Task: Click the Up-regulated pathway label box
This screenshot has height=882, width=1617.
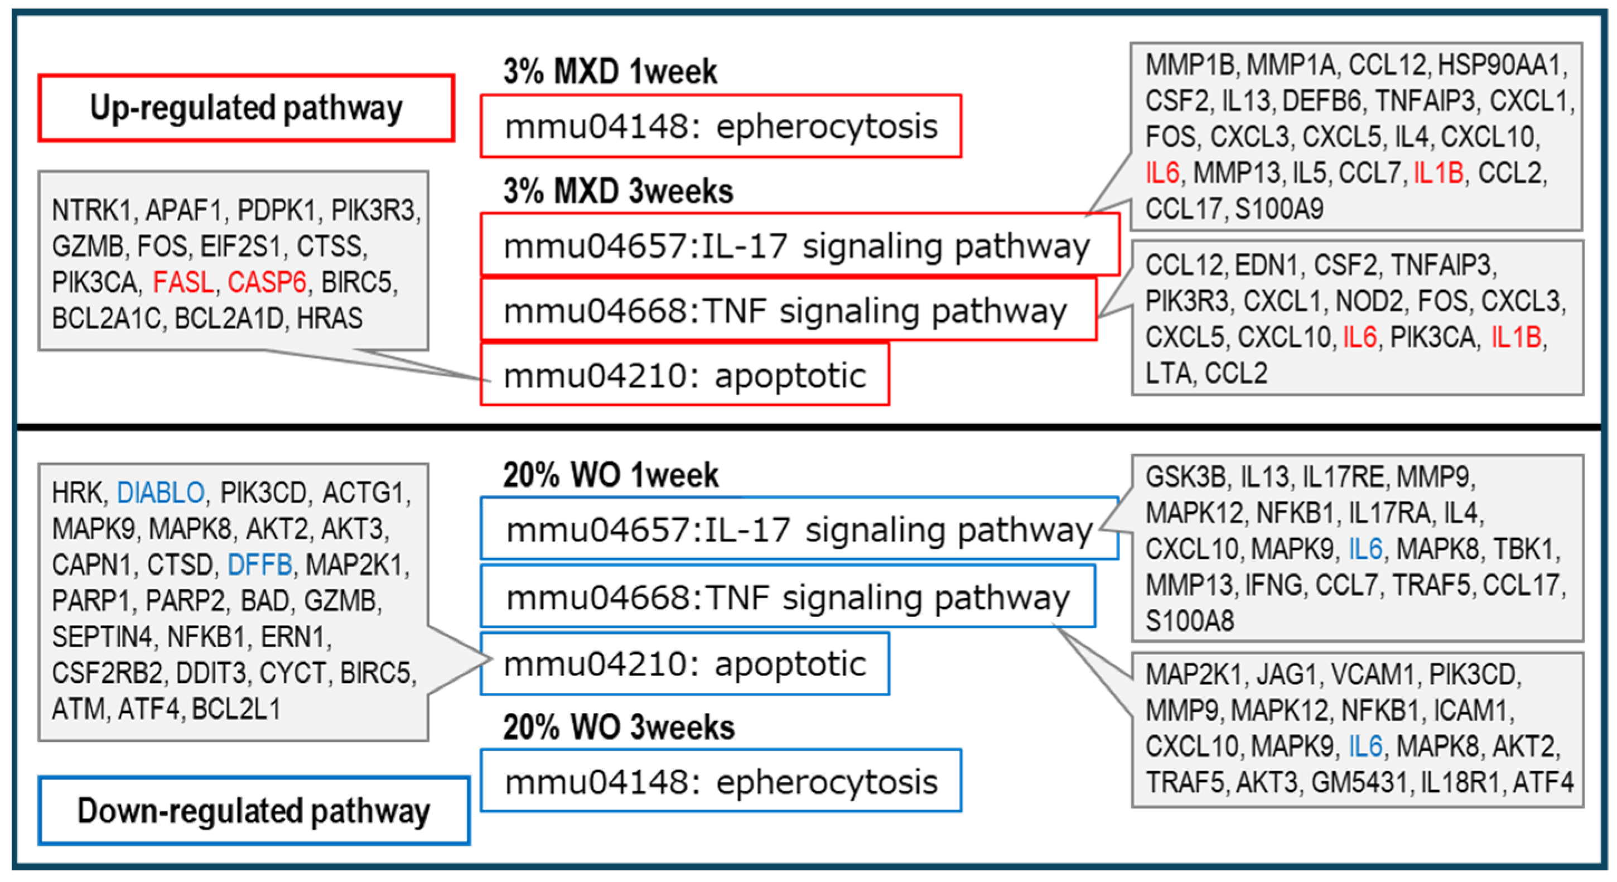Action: (x=245, y=108)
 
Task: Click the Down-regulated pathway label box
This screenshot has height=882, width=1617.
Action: (x=254, y=811)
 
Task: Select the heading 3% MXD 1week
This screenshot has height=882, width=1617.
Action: (x=610, y=71)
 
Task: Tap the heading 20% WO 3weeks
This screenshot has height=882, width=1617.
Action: (x=619, y=727)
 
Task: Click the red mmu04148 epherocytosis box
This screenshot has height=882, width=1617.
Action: (x=721, y=126)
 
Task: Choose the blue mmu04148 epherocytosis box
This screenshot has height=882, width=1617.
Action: (x=721, y=782)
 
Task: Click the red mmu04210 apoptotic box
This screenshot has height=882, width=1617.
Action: (x=684, y=375)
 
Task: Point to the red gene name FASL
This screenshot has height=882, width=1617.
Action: (x=184, y=282)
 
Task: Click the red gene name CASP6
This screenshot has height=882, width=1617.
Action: (x=267, y=282)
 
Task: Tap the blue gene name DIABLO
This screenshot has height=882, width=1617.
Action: (x=161, y=493)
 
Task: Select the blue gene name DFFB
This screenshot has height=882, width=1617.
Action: (x=259, y=565)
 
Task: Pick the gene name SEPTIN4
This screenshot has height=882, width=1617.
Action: (x=102, y=637)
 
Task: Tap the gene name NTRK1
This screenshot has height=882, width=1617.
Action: (x=92, y=211)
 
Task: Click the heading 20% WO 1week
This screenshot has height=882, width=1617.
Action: (x=610, y=475)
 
